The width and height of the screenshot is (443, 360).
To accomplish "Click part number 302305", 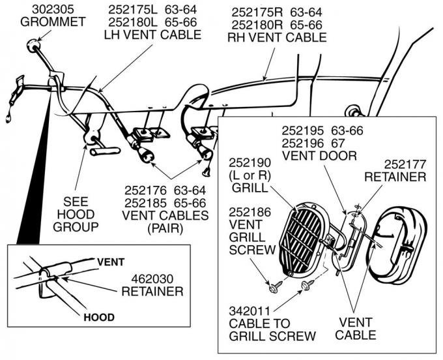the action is (x=53, y=9).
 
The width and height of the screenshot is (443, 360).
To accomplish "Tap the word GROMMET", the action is (x=53, y=22).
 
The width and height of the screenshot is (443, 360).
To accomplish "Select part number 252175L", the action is (x=132, y=10).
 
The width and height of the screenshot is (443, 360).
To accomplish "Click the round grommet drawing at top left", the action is (x=34, y=45).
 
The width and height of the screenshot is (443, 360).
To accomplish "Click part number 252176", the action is (x=145, y=190).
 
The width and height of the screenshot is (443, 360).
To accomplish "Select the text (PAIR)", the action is (x=165, y=228).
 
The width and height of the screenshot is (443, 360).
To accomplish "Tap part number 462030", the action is (x=152, y=279).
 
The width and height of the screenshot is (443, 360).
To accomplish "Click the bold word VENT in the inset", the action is (x=111, y=262).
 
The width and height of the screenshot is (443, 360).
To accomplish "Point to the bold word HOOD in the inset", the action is (x=99, y=318).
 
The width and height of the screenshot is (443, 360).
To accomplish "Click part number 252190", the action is (x=250, y=163).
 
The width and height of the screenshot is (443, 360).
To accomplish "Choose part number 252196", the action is (x=302, y=143).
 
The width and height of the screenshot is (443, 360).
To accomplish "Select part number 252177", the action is (x=405, y=164).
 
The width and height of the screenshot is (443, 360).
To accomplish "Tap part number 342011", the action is (x=250, y=311).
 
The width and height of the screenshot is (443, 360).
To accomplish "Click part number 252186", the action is (x=250, y=212).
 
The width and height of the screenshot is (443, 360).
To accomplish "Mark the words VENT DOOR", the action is (x=319, y=156).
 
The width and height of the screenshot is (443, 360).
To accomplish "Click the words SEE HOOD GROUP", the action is (x=76, y=215).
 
